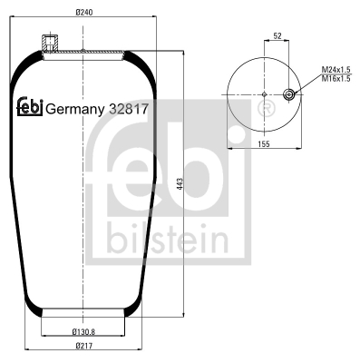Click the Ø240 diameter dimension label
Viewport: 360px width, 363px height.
click(83, 13)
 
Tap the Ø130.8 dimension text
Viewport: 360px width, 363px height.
click(83, 332)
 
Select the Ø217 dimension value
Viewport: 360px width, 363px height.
click(83, 346)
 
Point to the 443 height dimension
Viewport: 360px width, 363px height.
click(180, 184)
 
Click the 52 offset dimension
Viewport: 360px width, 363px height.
click(277, 36)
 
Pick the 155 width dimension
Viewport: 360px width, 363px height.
click(264, 144)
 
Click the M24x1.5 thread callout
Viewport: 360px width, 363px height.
click(336, 70)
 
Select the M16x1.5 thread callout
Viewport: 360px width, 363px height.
click(336, 79)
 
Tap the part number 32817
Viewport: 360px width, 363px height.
click(129, 109)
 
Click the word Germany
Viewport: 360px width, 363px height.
click(74, 110)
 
